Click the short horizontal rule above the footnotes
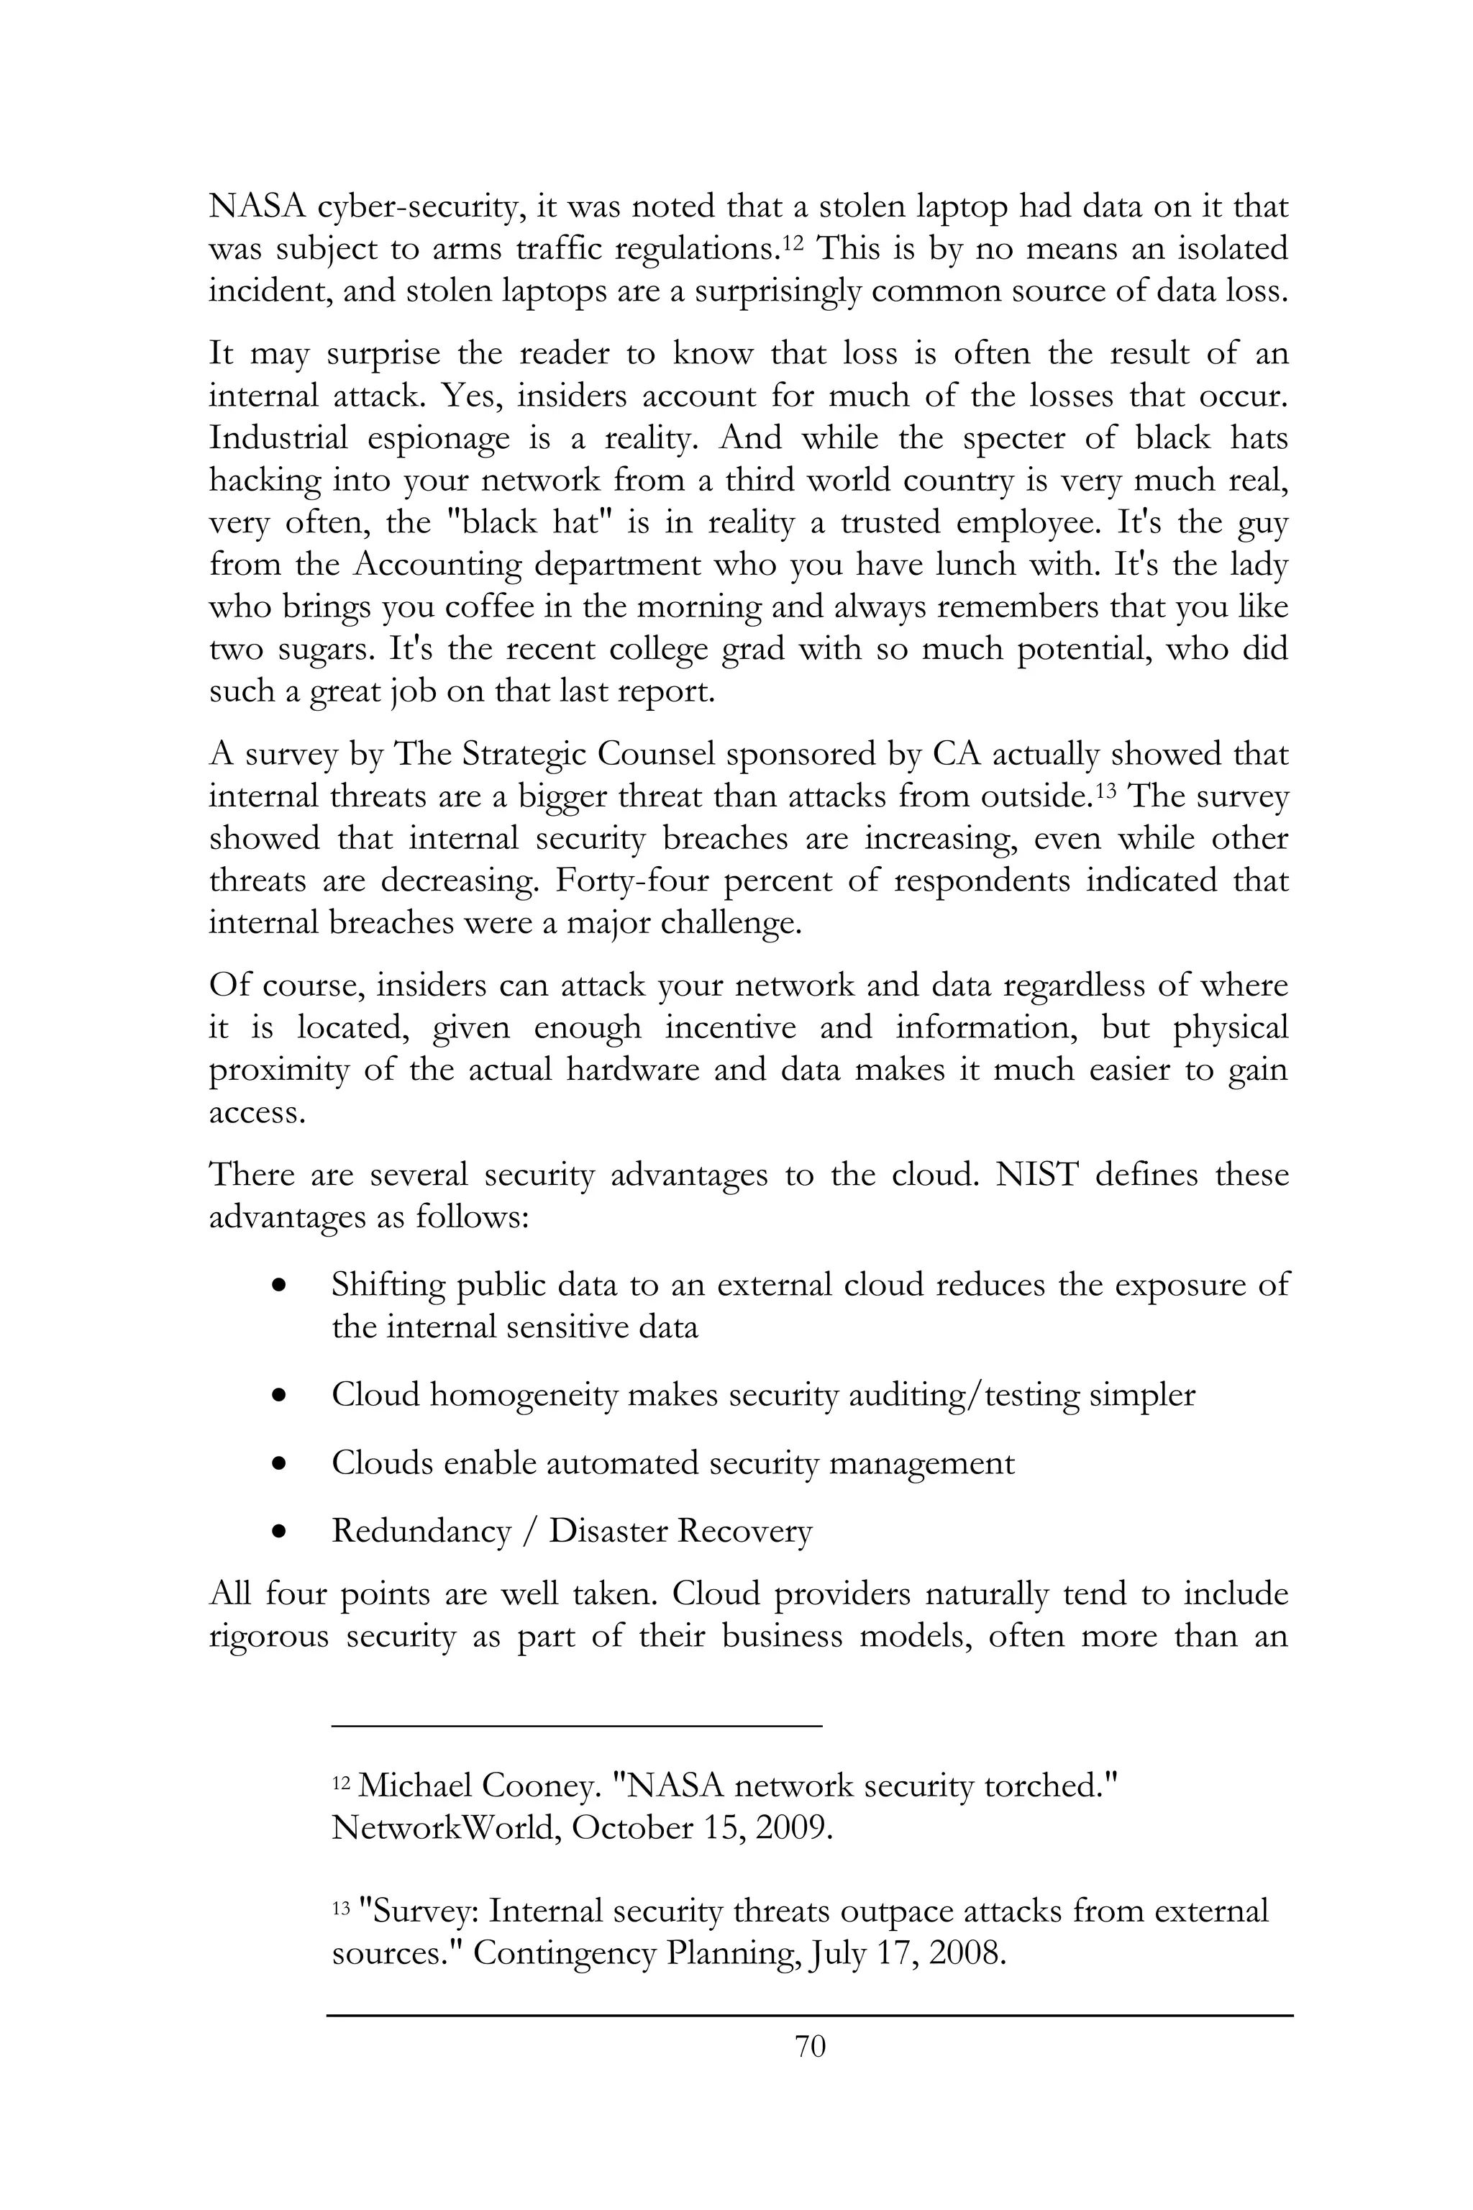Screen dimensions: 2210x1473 pyautogui.click(x=577, y=1725)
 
